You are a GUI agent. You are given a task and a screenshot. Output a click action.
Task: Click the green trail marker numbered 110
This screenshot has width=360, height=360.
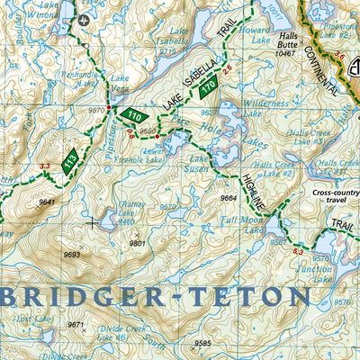click(135, 116)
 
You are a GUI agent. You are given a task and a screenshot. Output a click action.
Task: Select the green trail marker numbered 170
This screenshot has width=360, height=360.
click(209, 87)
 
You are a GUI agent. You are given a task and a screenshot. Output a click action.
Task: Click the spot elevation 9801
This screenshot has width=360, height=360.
click(137, 243)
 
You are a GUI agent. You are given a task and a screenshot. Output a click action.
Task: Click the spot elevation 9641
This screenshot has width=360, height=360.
click(47, 202)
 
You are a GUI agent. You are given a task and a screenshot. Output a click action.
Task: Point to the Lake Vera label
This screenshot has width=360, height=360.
click(120, 83)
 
